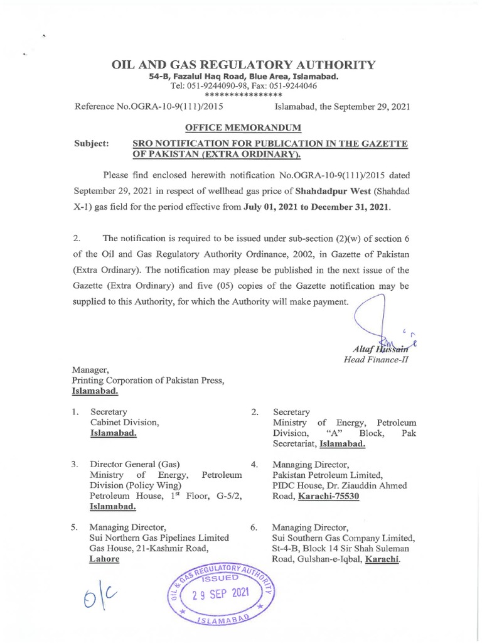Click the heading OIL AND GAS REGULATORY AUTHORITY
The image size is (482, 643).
[x=244, y=65]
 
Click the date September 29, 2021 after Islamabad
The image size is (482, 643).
[x=370, y=107]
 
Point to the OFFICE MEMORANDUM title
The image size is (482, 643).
[x=244, y=128]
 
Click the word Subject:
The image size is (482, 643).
[x=92, y=144]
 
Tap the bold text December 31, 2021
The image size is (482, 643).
[x=343, y=206]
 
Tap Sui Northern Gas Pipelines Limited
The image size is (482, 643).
[x=159, y=538]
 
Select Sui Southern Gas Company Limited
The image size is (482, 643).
[x=343, y=538]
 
